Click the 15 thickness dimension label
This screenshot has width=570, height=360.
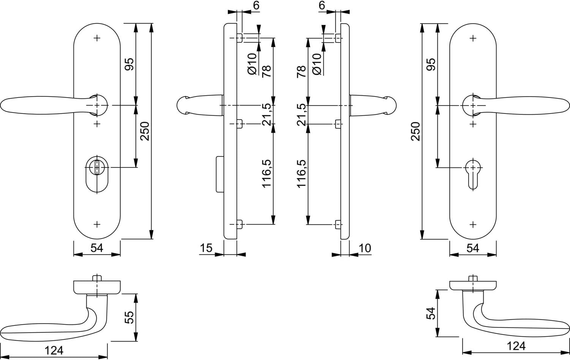(206, 248)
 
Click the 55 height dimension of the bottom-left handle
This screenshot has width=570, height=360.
(129, 317)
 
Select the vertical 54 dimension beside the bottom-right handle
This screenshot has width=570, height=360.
(431, 313)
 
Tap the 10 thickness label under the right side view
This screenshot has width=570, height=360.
(365, 248)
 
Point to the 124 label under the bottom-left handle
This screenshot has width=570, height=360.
(54, 351)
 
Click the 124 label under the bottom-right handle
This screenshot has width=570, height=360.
(516, 346)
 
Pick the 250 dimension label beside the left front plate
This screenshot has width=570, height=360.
(145, 131)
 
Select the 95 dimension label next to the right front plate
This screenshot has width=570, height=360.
(431, 64)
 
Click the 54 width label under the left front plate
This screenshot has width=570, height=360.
(97, 248)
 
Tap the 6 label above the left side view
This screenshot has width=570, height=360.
(256, 5)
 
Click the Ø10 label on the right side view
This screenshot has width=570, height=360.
(317, 64)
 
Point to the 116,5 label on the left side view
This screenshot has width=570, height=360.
(267, 174)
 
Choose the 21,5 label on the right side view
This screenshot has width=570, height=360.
(302, 115)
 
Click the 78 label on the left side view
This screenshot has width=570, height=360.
(267, 71)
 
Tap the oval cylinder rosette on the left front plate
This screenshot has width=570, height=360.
(97, 174)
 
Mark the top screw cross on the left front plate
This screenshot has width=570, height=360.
(97, 38)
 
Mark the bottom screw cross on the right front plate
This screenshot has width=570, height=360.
(473, 225)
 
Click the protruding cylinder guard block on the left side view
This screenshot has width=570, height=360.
(220, 174)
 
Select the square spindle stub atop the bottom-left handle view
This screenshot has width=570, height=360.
(97, 278)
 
